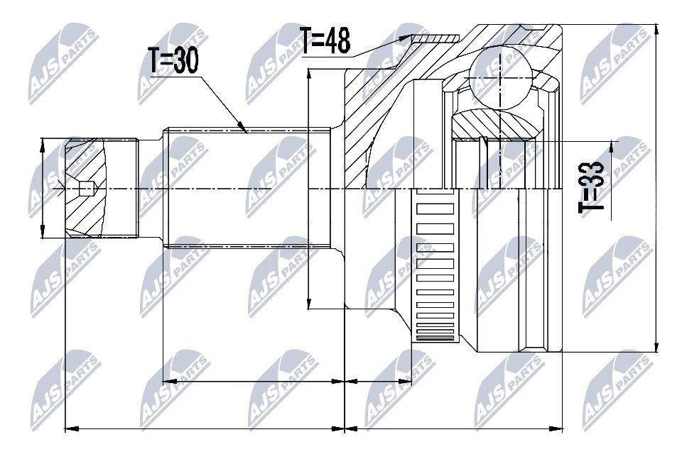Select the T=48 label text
[x=325, y=40]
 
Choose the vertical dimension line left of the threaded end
[x=43, y=188]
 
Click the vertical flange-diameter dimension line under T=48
[x=309, y=188]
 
